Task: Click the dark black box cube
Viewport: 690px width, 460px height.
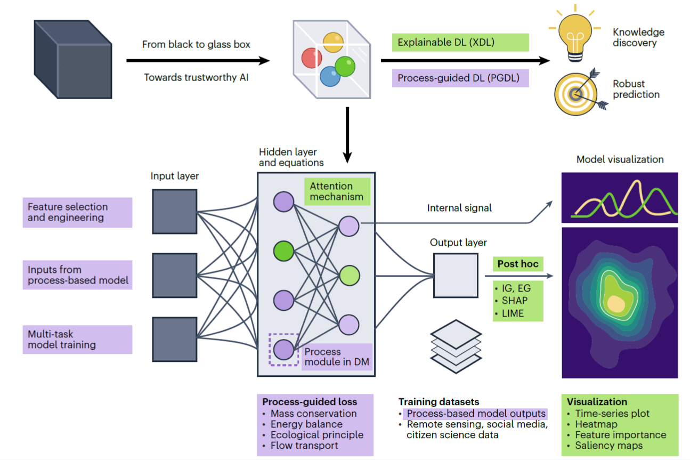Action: [72, 59]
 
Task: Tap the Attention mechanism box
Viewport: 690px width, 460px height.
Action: [337, 191]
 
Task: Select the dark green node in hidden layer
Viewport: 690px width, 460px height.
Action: [283, 250]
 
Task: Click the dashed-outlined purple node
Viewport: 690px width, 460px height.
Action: [283, 350]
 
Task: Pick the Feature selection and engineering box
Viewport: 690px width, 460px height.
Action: [77, 212]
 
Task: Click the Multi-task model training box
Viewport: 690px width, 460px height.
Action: [77, 340]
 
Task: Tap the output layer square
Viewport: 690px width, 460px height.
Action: [455, 275]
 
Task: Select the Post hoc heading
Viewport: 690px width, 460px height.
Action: [517, 264]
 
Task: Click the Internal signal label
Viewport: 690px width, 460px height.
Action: [459, 208]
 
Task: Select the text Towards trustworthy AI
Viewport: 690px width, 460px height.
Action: [197, 78]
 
